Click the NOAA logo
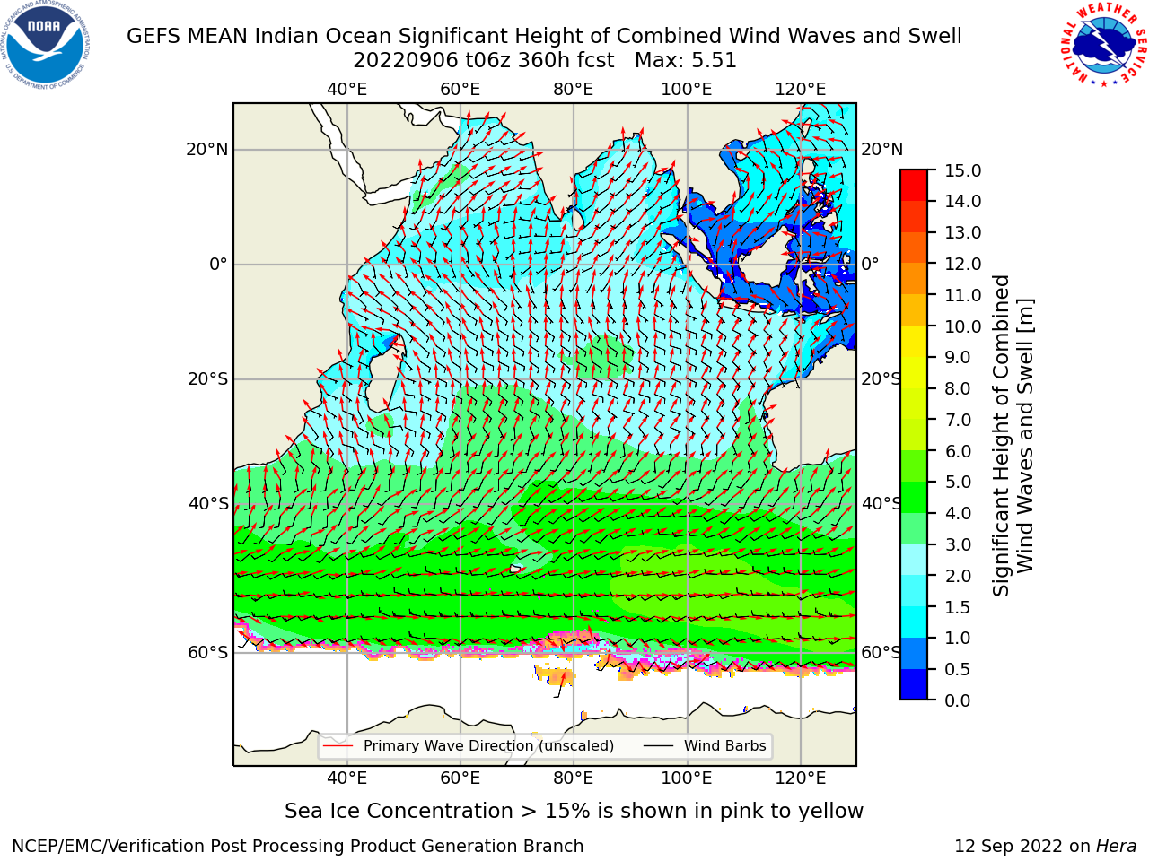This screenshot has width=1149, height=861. [x=46, y=45]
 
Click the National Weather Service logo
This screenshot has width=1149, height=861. [x=1102, y=44]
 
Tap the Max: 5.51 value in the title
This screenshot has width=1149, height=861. [x=686, y=61]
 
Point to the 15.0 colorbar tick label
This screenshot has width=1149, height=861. [x=962, y=170]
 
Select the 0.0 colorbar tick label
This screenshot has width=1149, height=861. [x=958, y=700]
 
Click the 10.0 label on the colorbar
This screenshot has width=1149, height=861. [x=962, y=326]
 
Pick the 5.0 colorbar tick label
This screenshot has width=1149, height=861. [x=958, y=482]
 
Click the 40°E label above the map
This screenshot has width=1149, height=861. [x=347, y=90]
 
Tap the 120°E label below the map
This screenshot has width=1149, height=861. [x=801, y=778]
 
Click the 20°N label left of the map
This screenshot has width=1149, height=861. [x=207, y=150]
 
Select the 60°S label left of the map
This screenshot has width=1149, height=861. [x=208, y=652]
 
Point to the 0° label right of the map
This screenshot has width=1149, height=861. [x=870, y=264]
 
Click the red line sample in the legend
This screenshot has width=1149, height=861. [x=338, y=746]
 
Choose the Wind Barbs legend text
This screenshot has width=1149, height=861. [x=725, y=746]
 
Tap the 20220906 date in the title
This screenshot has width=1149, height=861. [x=406, y=61]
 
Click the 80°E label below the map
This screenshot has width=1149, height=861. [x=574, y=778]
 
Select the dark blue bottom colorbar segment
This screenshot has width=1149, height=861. [x=914, y=684]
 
